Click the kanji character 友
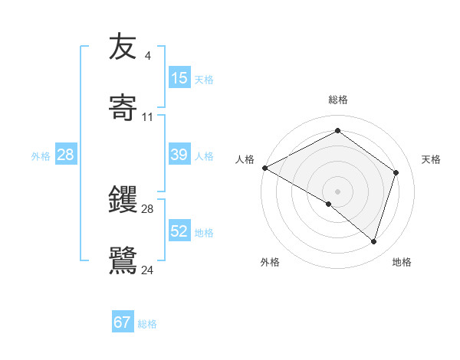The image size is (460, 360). [x=123, y=47]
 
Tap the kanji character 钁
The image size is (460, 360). [x=123, y=200]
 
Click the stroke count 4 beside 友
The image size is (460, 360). [x=147, y=56]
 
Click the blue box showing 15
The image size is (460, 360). [x=179, y=78]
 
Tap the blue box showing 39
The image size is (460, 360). [x=179, y=155]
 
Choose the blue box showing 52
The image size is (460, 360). [x=179, y=231]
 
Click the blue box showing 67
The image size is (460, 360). [x=123, y=322]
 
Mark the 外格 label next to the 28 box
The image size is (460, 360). [x=41, y=155]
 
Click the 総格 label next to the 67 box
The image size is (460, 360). [x=147, y=324]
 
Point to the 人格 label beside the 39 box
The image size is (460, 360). [x=204, y=155]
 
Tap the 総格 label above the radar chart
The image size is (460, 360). [x=338, y=100]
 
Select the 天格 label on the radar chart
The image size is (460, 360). [x=432, y=159]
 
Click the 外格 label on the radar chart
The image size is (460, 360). [x=270, y=262]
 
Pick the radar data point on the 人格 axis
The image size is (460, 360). [x=264, y=168]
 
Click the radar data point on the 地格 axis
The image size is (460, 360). [x=373, y=241]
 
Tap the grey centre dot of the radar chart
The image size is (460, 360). [x=337, y=191]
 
